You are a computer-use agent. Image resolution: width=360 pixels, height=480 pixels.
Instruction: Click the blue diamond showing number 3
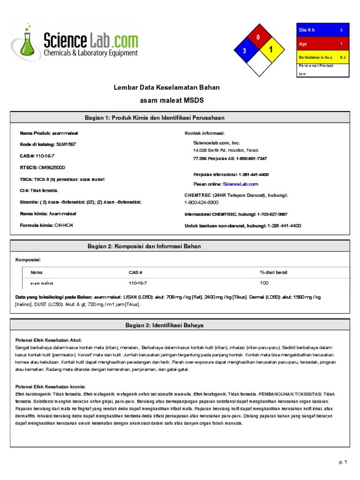pyautogui.click(x=244, y=51)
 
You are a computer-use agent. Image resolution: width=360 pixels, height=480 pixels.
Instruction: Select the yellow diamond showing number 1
pyautogui.click(x=270, y=50)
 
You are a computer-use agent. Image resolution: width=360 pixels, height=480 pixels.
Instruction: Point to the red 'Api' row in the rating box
pyautogui.click(x=322, y=44)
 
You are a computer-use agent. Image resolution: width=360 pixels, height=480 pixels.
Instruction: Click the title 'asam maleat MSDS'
pyautogui.click(x=172, y=100)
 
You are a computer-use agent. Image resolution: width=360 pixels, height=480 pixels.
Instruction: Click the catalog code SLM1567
pyautogui.click(x=66, y=144)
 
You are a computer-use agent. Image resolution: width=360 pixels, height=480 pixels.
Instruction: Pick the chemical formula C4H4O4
pyautogui.click(x=64, y=225)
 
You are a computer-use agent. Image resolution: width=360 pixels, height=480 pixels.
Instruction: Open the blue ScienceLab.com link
pyautogui.click(x=240, y=184)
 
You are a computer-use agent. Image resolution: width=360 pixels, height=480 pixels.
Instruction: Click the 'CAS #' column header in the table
pyautogui.click(x=135, y=272)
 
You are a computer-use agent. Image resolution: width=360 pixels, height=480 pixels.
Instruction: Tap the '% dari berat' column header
pyautogui.click(x=274, y=272)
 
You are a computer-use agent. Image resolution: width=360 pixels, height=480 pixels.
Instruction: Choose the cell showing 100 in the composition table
pyautogui.click(x=264, y=283)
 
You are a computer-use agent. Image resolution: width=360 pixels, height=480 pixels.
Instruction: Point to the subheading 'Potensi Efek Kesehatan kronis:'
pyautogui.click(x=51, y=387)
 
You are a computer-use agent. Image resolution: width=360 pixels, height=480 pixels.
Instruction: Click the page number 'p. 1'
pyautogui.click(x=343, y=462)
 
